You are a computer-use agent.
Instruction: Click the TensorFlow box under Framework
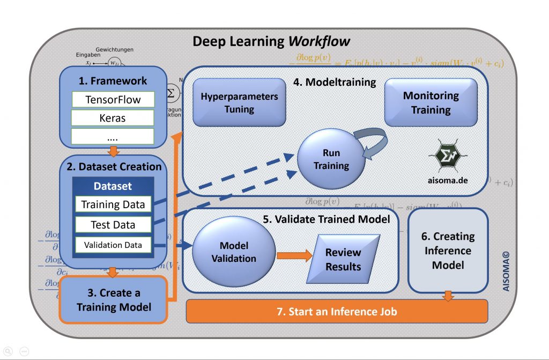(x=113, y=99)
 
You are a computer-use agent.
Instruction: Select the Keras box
(x=113, y=118)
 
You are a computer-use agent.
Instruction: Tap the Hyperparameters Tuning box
(x=239, y=102)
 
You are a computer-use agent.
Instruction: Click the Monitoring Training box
(x=431, y=102)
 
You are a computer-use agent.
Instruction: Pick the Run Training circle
(x=331, y=159)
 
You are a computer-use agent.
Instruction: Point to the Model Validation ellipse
(x=234, y=252)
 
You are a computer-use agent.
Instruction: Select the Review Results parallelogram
(x=343, y=260)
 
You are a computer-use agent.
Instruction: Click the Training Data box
(x=113, y=204)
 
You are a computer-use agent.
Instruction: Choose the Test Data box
(x=113, y=225)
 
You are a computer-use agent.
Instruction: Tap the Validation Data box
(x=113, y=245)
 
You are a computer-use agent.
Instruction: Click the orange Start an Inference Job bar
(x=337, y=311)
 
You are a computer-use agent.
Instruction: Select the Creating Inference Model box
(x=449, y=251)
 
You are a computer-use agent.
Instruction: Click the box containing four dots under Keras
(x=113, y=136)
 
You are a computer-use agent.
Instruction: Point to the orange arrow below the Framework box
(x=113, y=151)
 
